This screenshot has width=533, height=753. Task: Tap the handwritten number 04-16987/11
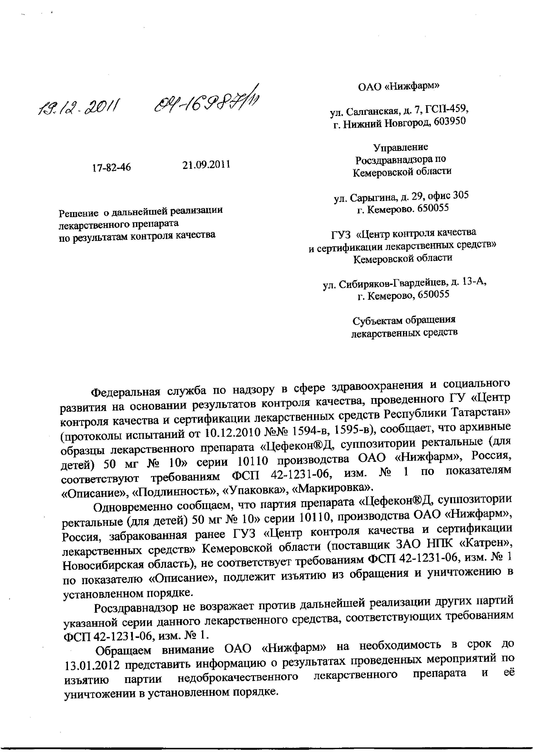click(207, 102)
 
